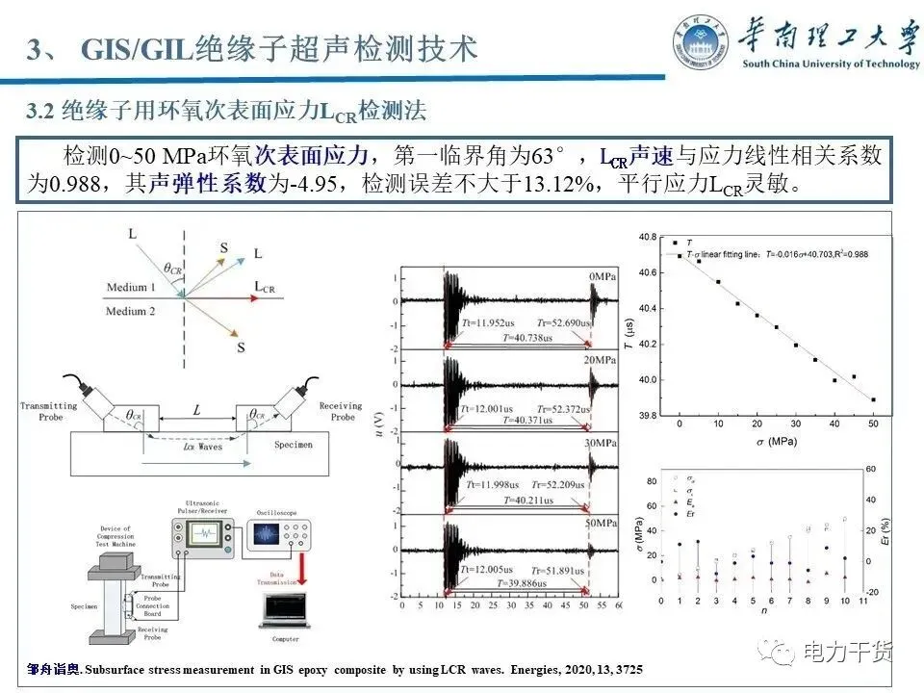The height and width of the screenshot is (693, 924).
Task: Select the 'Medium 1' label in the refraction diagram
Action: coord(132,288)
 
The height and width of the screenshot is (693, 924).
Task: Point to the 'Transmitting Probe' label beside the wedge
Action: coord(47,412)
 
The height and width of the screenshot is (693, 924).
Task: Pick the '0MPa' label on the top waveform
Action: coord(604,278)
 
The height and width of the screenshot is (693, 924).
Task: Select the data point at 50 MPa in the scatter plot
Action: coord(873,399)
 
